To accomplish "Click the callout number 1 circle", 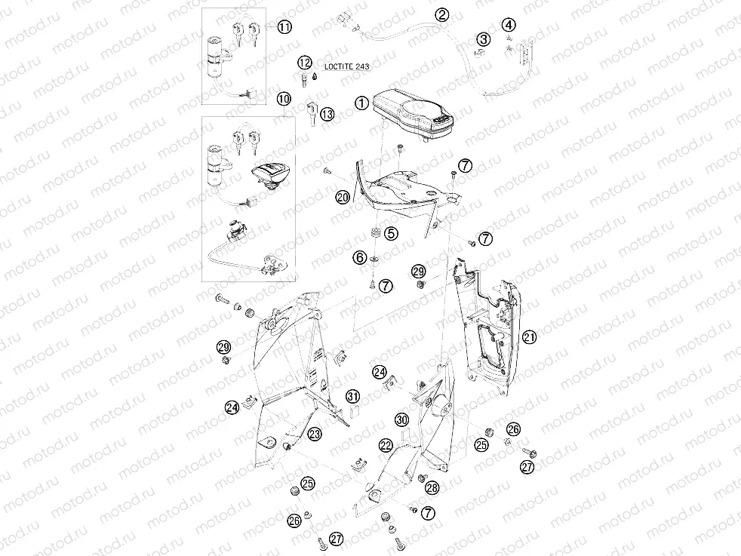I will [362, 103].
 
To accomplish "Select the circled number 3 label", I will [483, 39].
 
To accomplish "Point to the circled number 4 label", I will [509, 25].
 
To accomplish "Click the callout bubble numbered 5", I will [390, 234].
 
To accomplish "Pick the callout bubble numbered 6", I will [361, 258].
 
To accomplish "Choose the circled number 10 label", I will [283, 99].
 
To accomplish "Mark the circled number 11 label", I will [284, 27].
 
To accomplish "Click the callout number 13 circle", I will [326, 114].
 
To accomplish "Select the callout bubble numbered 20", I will [343, 197].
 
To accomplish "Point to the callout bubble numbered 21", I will [529, 337].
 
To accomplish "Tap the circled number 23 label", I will [314, 433].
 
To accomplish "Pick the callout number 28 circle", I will [432, 488].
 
